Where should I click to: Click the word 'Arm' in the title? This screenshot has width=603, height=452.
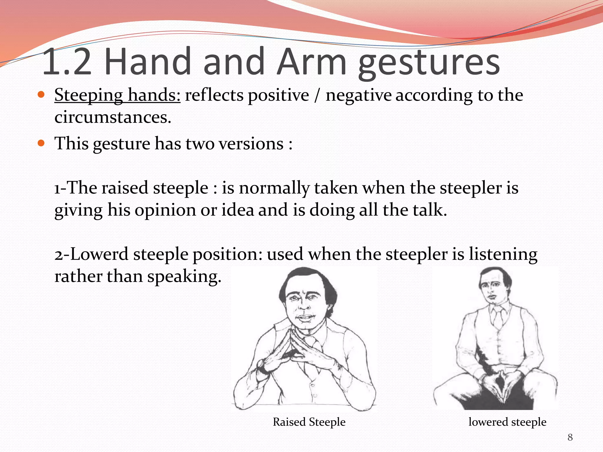tap(312, 62)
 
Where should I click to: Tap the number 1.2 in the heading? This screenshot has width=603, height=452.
tap(67, 62)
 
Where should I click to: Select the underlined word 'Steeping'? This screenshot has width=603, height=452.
tap(89, 96)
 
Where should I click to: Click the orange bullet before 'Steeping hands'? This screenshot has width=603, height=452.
tap(41, 95)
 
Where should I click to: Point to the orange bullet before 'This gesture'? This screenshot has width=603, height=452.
tap(41, 143)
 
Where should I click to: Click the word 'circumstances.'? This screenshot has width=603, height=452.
tap(113, 118)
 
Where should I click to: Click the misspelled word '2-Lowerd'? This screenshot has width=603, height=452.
tap(91, 254)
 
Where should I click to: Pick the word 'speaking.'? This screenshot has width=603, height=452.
tap(184, 277)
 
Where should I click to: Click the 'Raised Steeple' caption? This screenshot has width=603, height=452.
tap(309, 422)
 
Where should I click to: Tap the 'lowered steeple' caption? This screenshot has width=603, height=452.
tap(507, 422)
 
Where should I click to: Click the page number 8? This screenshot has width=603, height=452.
tap(570, 437)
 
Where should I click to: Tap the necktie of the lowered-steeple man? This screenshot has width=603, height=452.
tap(498, 318)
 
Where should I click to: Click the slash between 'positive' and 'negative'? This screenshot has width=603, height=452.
tap(317, 96)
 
